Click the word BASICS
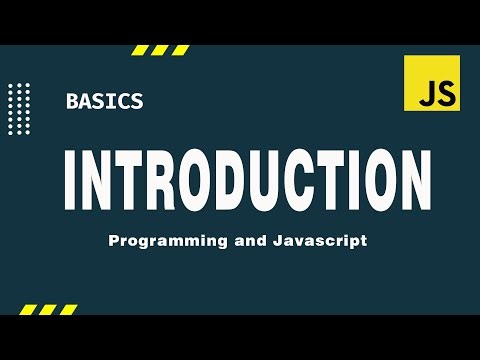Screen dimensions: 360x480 (x=104, y=100)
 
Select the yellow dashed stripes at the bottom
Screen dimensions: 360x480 (x=45, y=307)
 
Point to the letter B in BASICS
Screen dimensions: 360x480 (x=72, y=100)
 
